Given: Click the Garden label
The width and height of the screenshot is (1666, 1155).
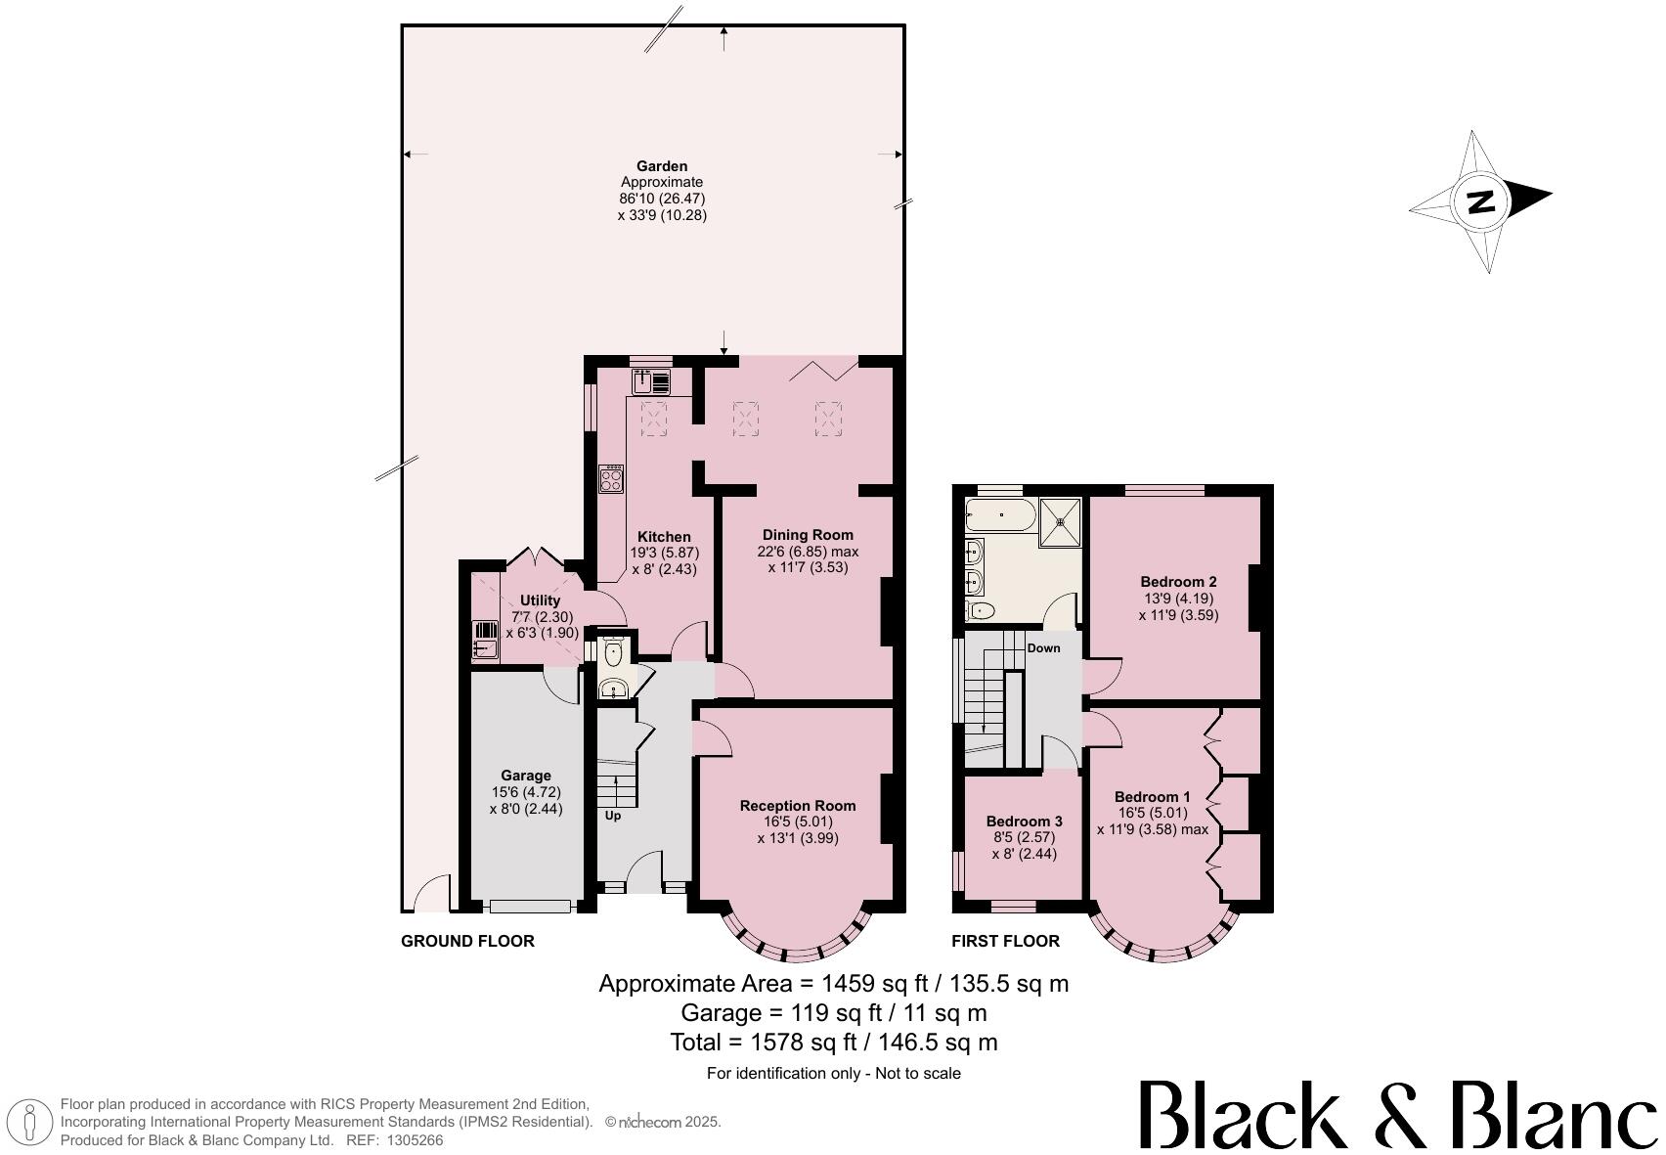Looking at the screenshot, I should [662, 166].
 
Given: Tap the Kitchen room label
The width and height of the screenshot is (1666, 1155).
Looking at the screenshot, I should [664, 537].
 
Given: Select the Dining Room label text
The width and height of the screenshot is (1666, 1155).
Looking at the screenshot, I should [808, 535].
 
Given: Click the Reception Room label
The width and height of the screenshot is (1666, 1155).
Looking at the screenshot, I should [797, 806].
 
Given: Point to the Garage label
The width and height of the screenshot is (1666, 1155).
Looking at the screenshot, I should [526, 776].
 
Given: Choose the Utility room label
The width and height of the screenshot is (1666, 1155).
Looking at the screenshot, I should [540, 600].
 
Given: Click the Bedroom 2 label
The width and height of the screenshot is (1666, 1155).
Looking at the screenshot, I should [1178, 582].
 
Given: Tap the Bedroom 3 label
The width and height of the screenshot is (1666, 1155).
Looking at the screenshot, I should [1024, 822].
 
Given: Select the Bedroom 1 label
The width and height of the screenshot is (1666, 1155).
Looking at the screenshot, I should [1152, 796].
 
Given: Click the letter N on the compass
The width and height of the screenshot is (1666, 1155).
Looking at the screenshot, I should [1481, 201].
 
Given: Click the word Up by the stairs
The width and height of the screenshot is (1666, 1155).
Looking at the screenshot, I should [613, 815].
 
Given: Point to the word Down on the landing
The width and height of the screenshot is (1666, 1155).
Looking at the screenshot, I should [1043, 648].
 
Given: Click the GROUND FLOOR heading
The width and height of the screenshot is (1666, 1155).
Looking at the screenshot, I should [467, 941].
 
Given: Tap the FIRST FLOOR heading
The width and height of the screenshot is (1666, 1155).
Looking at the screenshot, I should [1005, 941].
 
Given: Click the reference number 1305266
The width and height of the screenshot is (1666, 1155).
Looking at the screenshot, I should [416, 1140].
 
